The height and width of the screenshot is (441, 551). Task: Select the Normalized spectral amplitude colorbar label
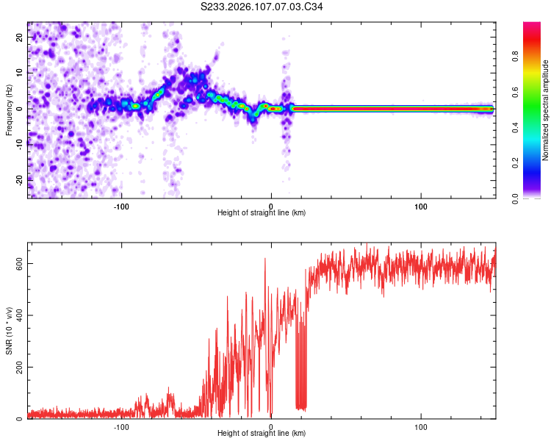(x=546, y=111)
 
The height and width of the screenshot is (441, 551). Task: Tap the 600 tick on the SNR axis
(x=17, y=263)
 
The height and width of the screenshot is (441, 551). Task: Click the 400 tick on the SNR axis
(x=17, y=315)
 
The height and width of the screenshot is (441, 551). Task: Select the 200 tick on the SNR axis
(x=17, y=367)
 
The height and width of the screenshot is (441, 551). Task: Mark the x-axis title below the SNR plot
(x=262, y=434)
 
